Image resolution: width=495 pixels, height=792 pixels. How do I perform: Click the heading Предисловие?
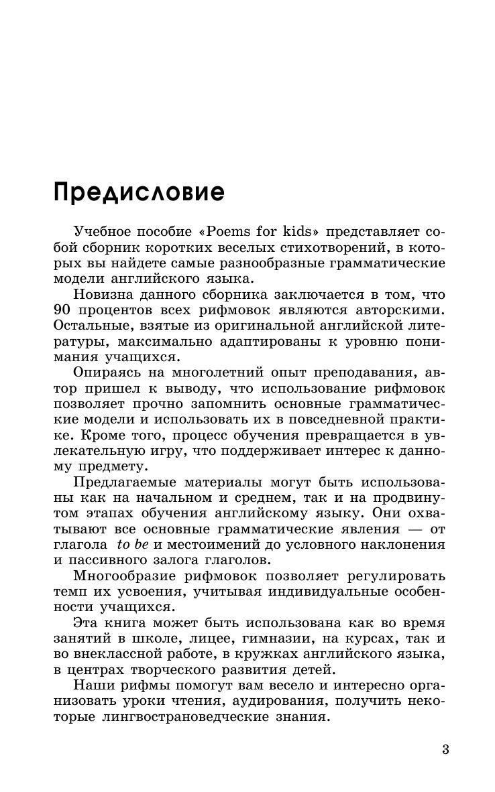(139, 192)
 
